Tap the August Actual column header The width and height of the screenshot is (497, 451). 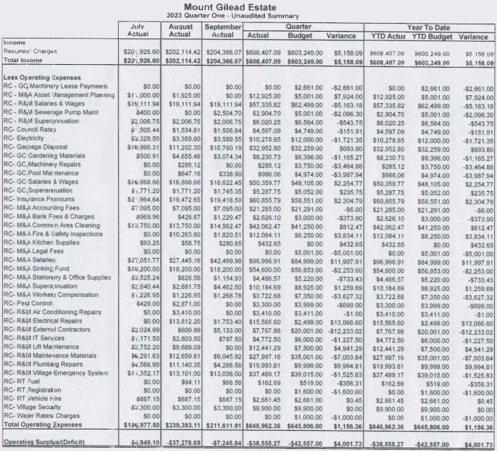click(179, 30)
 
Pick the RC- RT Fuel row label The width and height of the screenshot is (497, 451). click(22, 381)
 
